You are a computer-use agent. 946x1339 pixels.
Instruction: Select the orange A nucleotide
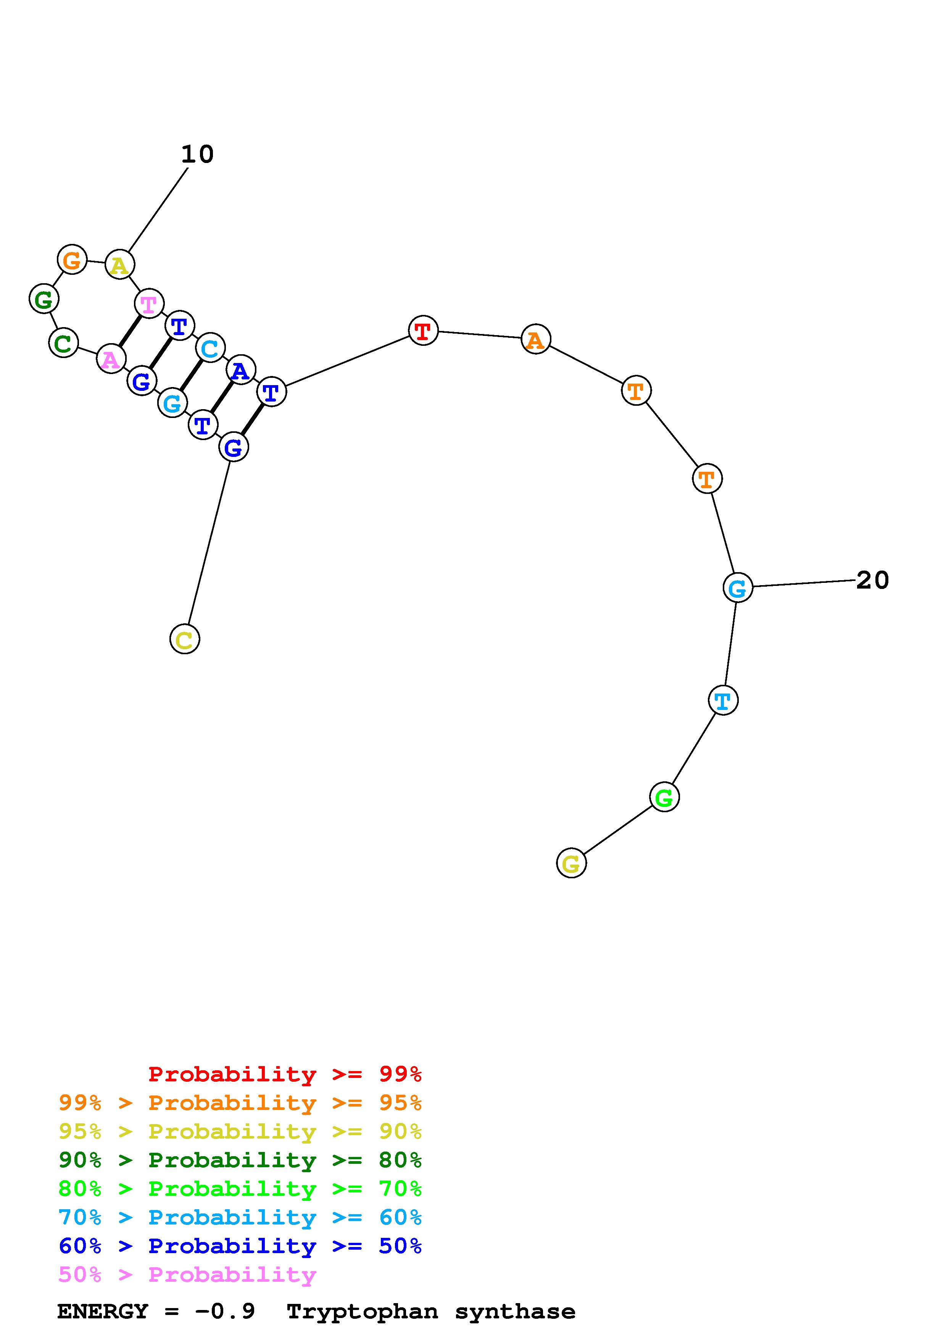[535, 339]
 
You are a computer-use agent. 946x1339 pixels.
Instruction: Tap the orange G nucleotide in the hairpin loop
[72, 260]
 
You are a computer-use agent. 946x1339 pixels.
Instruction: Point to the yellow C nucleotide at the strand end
[184, 639]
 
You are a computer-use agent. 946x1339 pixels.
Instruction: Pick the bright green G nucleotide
[664, 797]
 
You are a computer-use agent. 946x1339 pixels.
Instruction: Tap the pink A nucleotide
[110, 359]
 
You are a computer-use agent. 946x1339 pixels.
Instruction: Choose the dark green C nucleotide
[63, 342]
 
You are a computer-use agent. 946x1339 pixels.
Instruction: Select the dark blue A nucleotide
[240, 370]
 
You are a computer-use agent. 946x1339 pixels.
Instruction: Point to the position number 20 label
[872, 580]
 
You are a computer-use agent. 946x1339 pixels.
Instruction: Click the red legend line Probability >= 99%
[284, 1074]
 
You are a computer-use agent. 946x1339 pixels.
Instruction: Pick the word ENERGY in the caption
[103, 1312]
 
